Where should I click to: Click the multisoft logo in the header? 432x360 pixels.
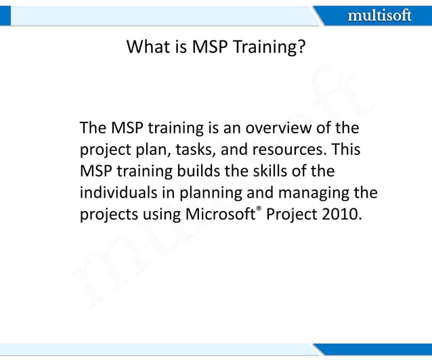tap(379, 15)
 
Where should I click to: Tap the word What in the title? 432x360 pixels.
tap(147, 48)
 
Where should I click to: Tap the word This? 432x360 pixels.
tap(346, 150)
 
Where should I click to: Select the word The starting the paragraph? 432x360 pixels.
tap(91, 128)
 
